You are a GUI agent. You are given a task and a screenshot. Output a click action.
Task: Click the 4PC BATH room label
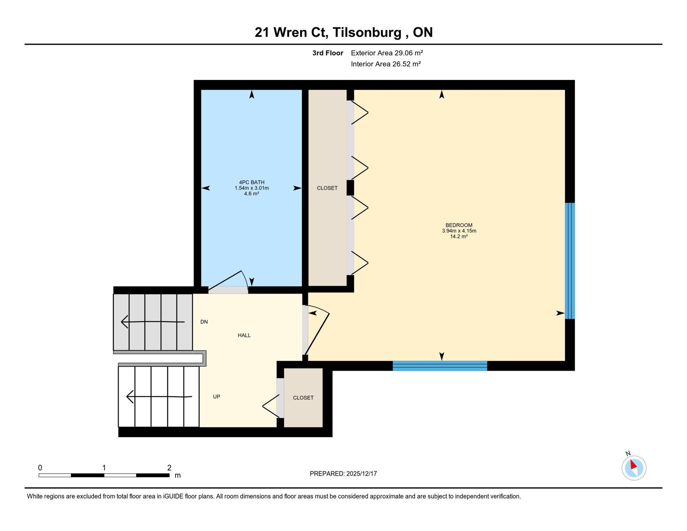[252, 182]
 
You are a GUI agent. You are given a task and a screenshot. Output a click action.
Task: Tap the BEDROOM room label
[459, 225]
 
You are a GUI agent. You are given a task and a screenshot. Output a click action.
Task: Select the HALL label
[244, 335]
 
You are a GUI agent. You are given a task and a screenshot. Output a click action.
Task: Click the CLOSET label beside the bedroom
[327, 188]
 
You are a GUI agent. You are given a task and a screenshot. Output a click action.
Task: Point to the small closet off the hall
[303, 398]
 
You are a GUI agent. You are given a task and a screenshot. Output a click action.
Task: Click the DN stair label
[204, 322]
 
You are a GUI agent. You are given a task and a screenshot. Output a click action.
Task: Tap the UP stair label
[216, 397]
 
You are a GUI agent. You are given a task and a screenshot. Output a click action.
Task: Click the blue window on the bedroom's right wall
[570, 261]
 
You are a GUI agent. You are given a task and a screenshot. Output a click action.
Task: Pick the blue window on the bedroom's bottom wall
[440, 366]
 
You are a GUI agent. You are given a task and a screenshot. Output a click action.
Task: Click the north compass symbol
[634, 468]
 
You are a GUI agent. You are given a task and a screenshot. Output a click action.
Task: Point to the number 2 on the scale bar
[169, 468]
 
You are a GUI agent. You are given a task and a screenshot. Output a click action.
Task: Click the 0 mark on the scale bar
[40, 468]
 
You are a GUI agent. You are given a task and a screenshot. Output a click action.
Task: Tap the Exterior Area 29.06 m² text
[387, 53]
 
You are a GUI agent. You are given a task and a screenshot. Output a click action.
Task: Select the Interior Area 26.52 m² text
[386, 64]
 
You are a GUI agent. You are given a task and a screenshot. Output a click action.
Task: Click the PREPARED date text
[343, 474]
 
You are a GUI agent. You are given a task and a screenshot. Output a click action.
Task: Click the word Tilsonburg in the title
[367, 32]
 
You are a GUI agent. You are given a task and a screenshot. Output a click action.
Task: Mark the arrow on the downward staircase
[152, 322]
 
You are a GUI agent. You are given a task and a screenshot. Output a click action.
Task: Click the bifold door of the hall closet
[271, 406]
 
